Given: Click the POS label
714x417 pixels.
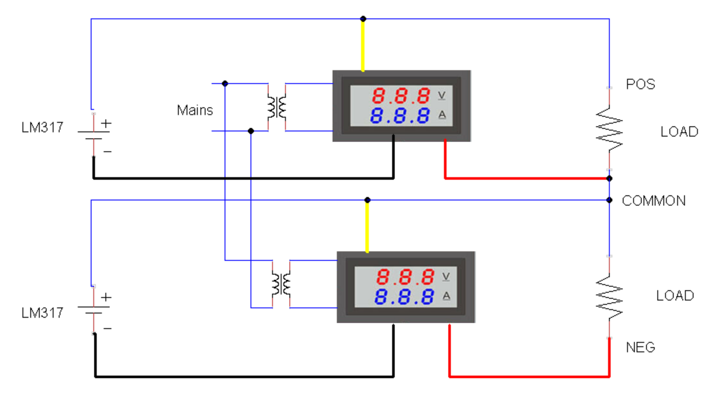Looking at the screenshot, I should [x=640, y=85].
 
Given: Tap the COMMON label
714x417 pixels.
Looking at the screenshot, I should [x=654, y=201].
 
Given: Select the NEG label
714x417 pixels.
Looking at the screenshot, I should [x=640, y=347].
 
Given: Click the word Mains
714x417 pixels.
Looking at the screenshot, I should [x=195, y=110].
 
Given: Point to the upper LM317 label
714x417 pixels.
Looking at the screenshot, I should [x=42, y=128].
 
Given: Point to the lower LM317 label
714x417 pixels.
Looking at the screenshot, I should [x=42, y=313].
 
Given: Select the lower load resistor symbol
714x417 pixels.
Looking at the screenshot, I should [x=609, y=297].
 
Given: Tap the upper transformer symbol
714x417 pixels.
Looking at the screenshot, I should [x=277, y=107].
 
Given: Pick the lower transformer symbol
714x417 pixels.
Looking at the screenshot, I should [x=281, y=284].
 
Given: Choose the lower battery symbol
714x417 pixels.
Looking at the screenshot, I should [x=93, y=309].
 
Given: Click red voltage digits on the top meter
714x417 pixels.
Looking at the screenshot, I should [x=401, y=95].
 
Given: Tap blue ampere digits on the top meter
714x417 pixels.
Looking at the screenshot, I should [x=401, y=116].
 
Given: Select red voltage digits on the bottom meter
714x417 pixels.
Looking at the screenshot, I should [x=405, y=277].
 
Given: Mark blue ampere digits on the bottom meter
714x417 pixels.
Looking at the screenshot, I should [x=405, y=297].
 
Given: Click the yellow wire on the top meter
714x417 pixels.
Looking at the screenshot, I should [x=363, y=46].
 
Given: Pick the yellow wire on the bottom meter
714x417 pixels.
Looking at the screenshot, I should [x=367, y=227].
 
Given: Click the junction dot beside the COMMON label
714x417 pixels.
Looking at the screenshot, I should [x=609, y=200].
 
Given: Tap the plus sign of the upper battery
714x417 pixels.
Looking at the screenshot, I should [x=107, y=123].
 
